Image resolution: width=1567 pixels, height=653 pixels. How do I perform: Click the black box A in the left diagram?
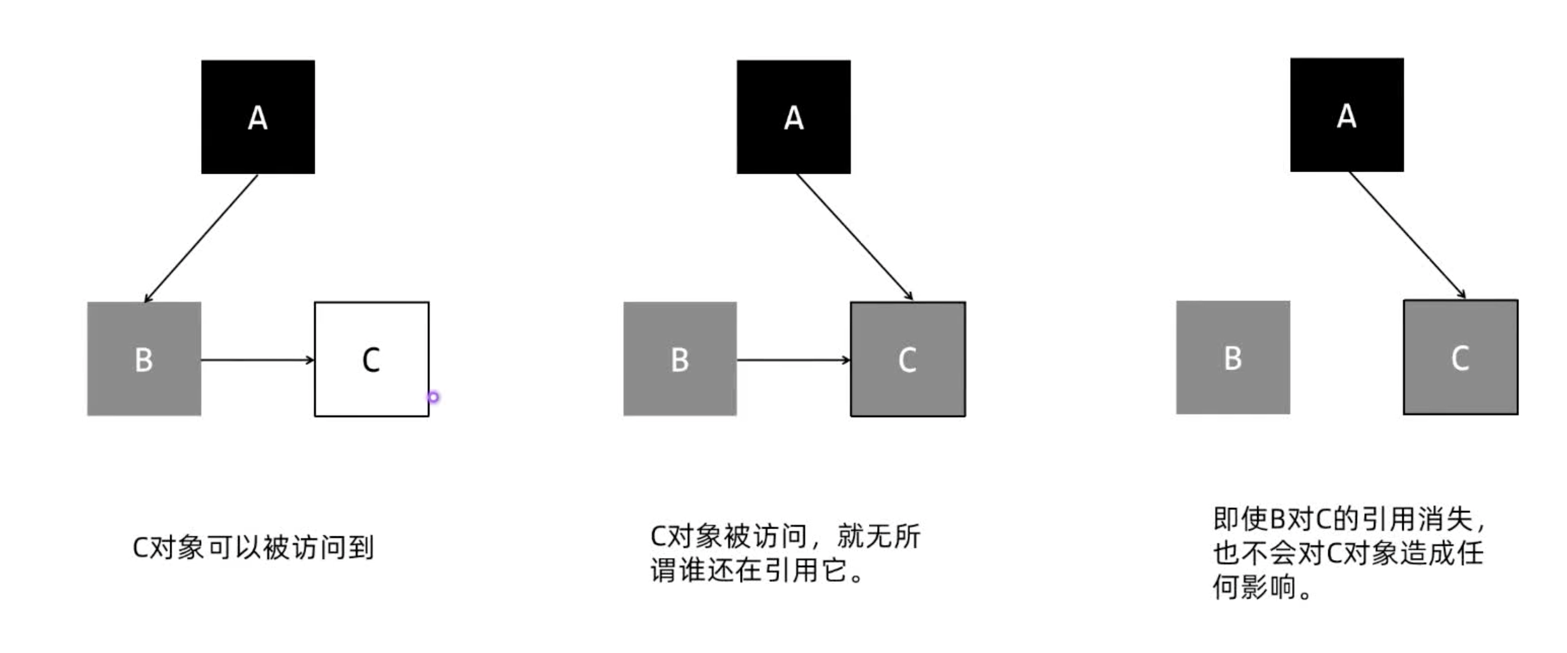coord(258,117)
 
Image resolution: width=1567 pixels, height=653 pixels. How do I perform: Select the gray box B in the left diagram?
coord(144,359)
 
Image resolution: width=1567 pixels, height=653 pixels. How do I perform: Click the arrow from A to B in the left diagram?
coord(201,238)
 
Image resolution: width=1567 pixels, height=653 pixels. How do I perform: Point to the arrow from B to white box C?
coord(257,360)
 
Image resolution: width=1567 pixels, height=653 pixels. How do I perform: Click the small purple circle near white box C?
coord(433,397)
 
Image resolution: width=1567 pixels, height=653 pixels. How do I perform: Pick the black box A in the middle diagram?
coord(793,117)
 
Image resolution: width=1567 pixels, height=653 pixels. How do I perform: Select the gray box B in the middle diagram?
coord(680,359)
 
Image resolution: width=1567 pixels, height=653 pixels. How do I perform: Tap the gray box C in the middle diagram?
coord(907,359)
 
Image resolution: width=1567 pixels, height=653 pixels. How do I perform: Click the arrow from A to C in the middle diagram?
coord(854,236)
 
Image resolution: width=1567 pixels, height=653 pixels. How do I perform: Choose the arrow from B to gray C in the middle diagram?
coord(793,360)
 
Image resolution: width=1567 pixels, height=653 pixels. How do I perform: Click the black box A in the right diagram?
coord(1347,115)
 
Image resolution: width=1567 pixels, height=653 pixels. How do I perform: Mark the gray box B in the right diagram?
coord(1233,357)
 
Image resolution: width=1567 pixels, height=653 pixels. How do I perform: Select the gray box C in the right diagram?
coord(1460,357)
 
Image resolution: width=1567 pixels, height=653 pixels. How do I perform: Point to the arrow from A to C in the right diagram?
coord(1407,235)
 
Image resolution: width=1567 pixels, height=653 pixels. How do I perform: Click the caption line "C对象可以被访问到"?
coord(253,548)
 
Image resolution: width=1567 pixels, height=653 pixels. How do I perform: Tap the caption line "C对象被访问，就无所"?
coord(785,536)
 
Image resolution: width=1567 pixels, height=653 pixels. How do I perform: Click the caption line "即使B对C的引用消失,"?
coord(1349,519)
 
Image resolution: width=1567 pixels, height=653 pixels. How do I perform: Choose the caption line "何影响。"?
coord(1261,587)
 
